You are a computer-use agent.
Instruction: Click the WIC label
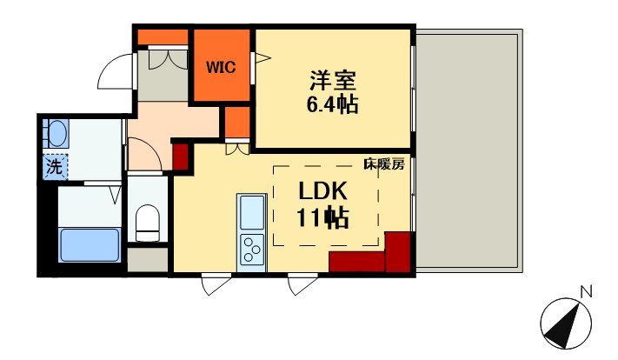(221, 68)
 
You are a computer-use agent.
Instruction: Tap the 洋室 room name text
(333, 81)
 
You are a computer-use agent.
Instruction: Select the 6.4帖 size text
(332, 105)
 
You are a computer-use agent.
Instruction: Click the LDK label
(322, 191)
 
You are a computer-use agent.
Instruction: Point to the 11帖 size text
(322, 217)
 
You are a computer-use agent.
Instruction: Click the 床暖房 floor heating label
(384, 164)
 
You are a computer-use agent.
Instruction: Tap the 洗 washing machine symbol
(55, 167)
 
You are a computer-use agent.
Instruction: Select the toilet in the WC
(148, 223)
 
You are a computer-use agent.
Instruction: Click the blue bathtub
(90, 245)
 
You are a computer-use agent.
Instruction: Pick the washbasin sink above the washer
(56, 133)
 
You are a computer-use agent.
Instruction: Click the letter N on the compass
(587, 292)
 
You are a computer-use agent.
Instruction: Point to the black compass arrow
(564, 323)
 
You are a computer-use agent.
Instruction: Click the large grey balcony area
(469, 150)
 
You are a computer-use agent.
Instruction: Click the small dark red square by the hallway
(182, 157)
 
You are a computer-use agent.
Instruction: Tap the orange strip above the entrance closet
(163, 37)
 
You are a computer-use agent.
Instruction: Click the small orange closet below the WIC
(237, 123)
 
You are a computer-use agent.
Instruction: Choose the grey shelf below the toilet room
(148, 259)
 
